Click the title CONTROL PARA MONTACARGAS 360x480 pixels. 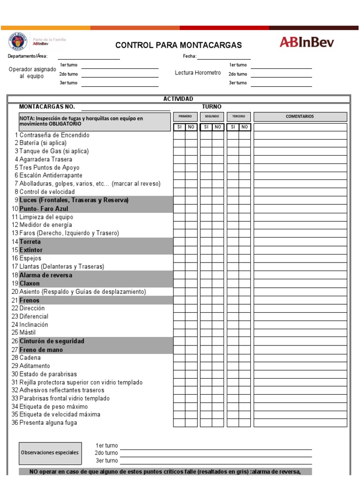[179, 45]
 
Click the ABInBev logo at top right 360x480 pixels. [307, 43]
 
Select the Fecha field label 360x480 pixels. [189, 56]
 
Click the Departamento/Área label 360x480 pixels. [27, 56]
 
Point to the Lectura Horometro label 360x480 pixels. [197, 73]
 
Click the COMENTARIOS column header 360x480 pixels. [300, 117]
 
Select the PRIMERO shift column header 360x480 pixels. [185, 117]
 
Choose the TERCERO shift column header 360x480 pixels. [239, 117]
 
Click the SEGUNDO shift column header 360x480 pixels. [212, 117]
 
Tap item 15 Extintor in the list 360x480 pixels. [30, 250]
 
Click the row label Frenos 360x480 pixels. [29, 300]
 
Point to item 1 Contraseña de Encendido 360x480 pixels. [54, 135]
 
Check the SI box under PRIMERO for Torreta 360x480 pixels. [179, 242]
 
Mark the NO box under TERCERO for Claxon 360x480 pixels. [245, 283]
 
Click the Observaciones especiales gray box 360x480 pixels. [49, 452]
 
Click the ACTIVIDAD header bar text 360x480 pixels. [178, 99]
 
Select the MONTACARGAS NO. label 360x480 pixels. [47, 106]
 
